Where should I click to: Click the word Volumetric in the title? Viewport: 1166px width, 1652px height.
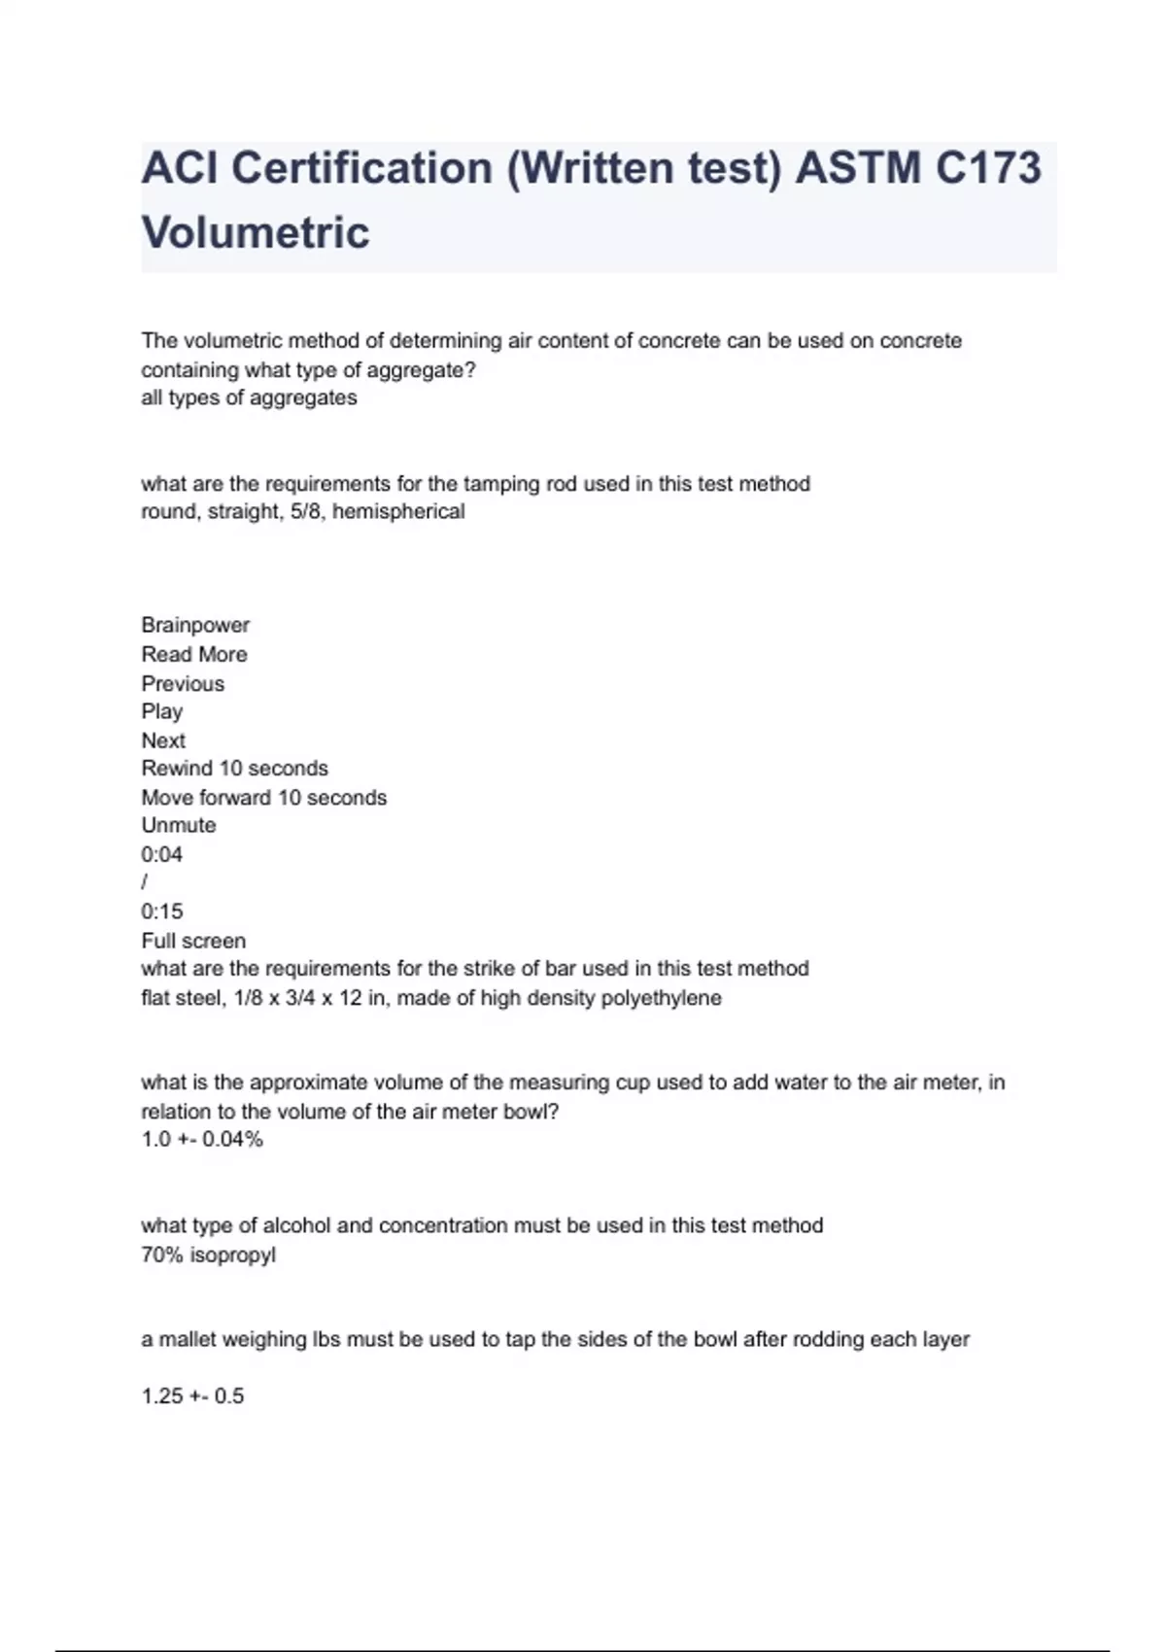[256, 232]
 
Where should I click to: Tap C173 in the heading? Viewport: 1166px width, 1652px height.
[988, 168]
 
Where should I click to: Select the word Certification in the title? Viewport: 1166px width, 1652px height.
[361, 168]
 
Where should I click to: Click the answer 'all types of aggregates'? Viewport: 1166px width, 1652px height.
[249, 397]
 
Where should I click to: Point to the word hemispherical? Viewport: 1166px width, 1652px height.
[398, 511]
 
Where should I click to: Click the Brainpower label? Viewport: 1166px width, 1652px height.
[195, 625]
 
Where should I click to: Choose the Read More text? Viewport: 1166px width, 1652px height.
[194, 654]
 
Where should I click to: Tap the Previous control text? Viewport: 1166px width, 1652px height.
[183, 683]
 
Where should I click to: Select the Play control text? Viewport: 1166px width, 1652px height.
[162, 711]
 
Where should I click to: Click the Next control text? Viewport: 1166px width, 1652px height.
[163, 740]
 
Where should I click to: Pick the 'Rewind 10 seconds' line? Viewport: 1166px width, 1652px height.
[235, 768]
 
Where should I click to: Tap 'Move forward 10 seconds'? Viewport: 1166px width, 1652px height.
[264, 797]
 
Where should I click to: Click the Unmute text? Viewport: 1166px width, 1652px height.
[179, 825]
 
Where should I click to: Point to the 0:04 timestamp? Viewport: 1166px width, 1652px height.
[162, 854]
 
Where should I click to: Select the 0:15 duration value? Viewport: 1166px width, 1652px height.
[162, 912]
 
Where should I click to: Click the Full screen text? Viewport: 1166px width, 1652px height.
[193, 941]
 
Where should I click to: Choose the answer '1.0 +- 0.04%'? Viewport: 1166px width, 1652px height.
[202, 1139]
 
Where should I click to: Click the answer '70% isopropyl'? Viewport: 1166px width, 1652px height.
[209, 1255]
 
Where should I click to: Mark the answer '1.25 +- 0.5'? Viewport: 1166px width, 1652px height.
[192, 1395]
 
